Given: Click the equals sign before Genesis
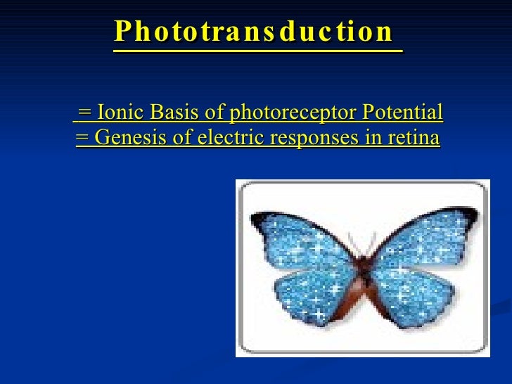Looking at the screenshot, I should [82, 138].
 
